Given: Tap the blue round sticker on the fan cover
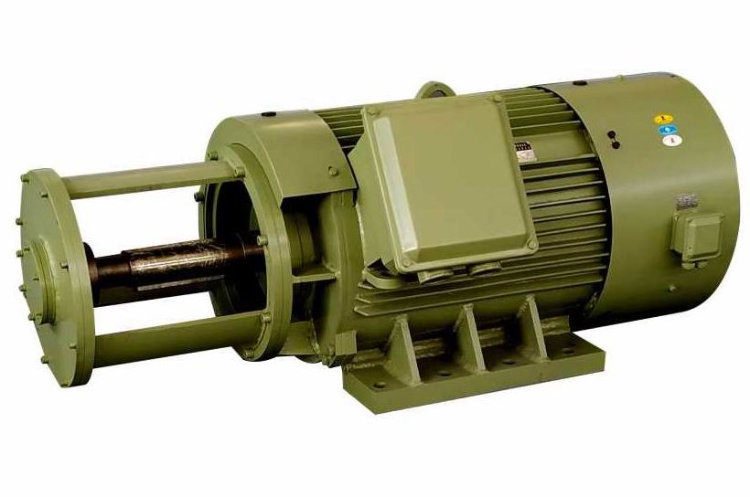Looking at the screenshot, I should point(668,130).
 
